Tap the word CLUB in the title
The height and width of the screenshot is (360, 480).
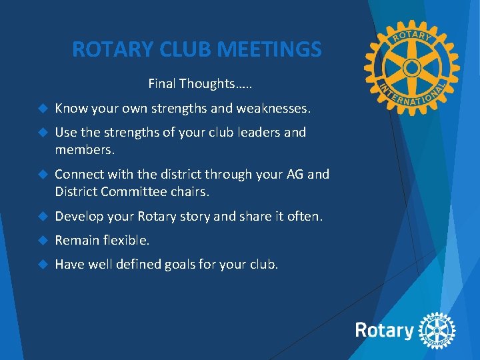pos(179,49)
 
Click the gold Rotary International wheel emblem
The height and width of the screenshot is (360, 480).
pos(411,67)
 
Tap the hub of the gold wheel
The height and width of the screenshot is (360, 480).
pos(411,67)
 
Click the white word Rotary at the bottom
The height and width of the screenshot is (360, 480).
pos(384,330)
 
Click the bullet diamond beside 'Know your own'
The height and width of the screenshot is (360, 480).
pos(43,108)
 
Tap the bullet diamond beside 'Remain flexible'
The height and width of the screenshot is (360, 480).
pos(43,241)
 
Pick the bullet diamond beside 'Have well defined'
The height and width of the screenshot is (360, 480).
pos(43,265)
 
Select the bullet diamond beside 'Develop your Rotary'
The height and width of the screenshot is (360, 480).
pos(43,217)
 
